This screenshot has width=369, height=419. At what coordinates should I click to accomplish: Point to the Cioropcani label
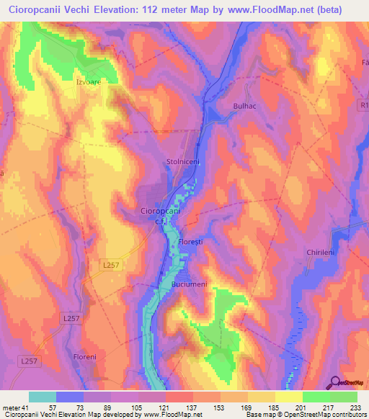(159, 212)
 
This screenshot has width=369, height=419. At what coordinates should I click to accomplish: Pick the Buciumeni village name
(190, 285)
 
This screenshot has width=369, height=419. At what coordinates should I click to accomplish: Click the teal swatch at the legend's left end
(43, 397)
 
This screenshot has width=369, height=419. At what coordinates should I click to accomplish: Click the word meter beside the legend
(12, 408)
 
